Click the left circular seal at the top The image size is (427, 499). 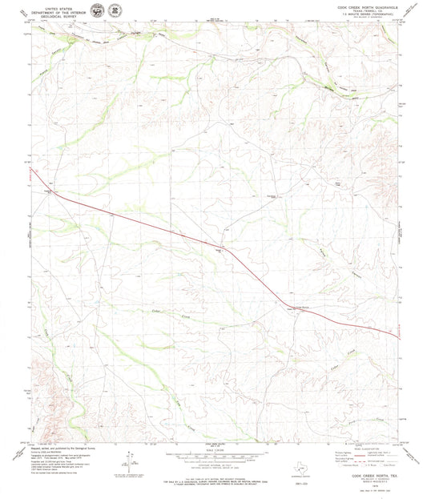[x=97, y=11]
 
